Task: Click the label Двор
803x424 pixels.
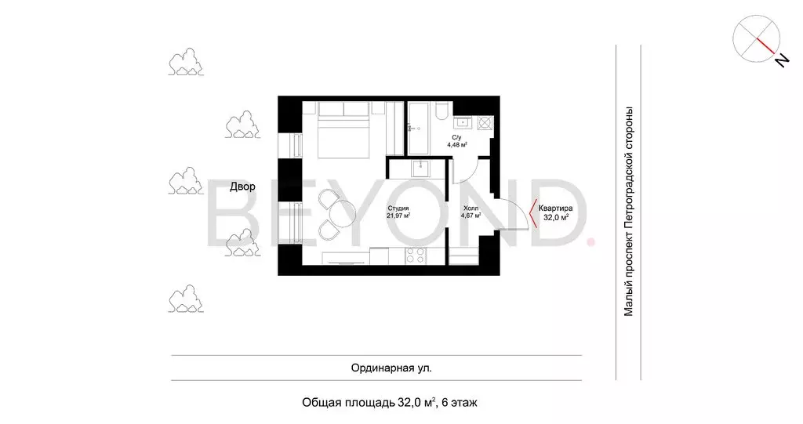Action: (242, 187)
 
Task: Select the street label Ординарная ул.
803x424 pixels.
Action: (391, 368)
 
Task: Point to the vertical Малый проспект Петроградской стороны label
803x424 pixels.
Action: (628, 212)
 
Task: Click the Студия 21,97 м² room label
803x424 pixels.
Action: (398, 212)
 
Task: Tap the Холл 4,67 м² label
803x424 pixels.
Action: (471, 212)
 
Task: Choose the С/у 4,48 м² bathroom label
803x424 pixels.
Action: (457, 141)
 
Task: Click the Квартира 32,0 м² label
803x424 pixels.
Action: (556, 212)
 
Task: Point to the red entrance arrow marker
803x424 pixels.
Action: (532, 213)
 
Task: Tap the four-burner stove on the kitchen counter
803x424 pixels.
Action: (416, 255)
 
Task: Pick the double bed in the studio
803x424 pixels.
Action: (343, 129)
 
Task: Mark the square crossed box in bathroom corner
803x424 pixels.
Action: (485, 123)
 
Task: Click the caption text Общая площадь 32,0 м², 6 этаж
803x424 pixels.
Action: (390, 403)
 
